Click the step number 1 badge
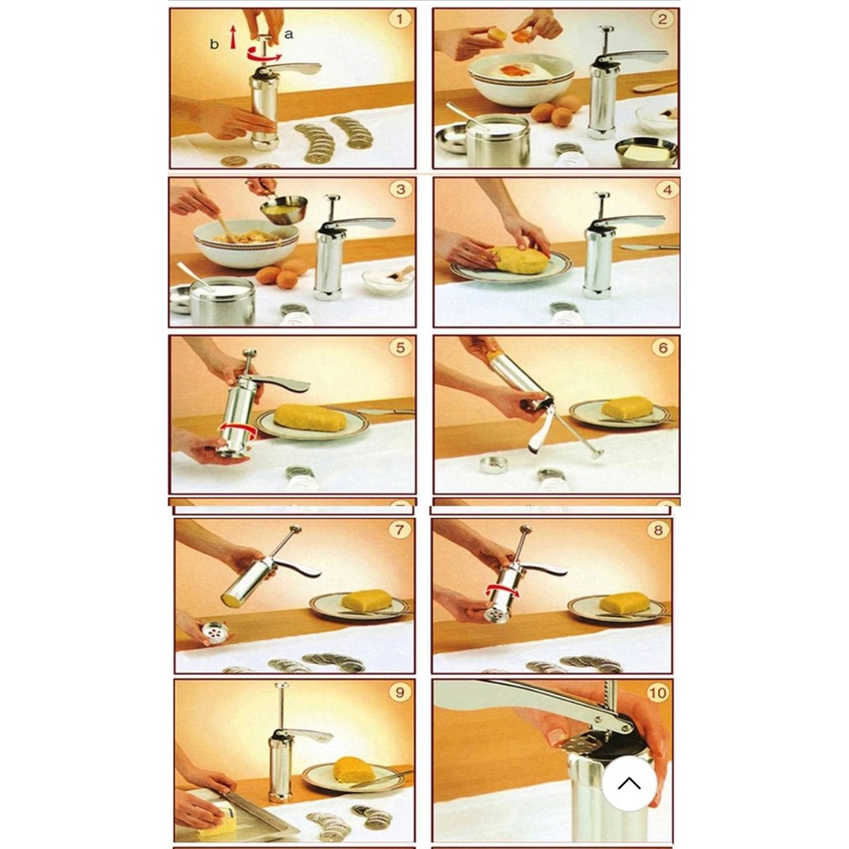point(400,20)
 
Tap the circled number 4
point(667,190)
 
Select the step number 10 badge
point(657,692)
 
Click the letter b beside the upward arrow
point(215,45)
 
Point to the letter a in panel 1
point(289,35)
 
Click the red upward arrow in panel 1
point(233,36)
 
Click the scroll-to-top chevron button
point(629,783)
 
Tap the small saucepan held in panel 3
point(284,209)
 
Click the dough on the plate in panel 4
point(520,260)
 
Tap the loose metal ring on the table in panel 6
point(492,464)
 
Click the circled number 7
point(400,529)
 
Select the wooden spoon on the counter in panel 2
point(655,86)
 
